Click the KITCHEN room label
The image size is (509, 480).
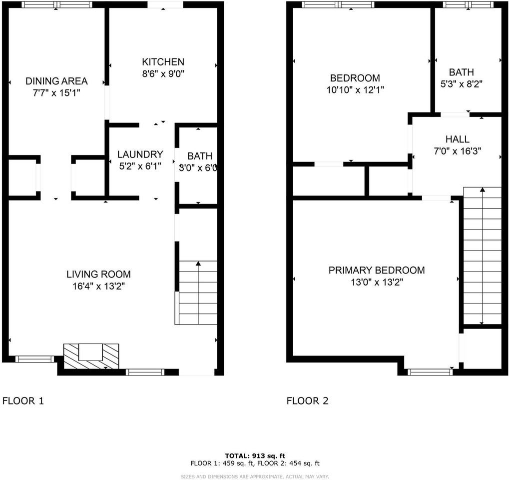(x=163, y=62)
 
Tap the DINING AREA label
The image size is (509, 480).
(x=56, y=81)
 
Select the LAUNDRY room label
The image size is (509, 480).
(x=140, y=154)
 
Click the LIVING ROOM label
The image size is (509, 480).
(x=98, y=274)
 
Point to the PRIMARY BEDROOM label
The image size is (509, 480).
(x=376, y=270)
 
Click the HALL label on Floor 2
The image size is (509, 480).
(x=457, y=139)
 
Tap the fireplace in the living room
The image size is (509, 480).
(x=91, y=356)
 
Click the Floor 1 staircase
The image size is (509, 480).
(x=198, y=292)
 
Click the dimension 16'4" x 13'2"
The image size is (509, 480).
(x=98, y=286)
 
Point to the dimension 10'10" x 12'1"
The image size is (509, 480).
(x=355, y=90)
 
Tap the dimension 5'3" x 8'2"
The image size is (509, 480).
(x=461, y=84)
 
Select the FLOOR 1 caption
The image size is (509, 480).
(x=23, y=400)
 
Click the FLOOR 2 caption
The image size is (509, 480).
(x=307, y=400)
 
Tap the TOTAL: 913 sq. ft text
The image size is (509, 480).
(x=255, y=455)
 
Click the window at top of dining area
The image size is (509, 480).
(x=57, y=4)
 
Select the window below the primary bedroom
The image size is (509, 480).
(x=430, y=372)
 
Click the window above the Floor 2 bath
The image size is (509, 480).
(x=468, y=4)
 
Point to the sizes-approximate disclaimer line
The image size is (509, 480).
(x=255, y=476)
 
